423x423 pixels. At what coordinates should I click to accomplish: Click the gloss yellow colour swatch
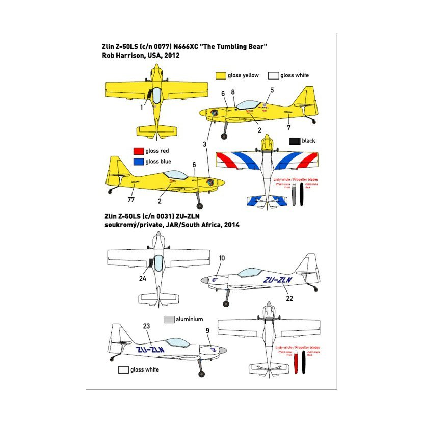[x=220, y=75]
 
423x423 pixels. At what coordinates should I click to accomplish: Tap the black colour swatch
[x=294, y=141]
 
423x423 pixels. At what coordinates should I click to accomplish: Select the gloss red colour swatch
[x=137, y=151]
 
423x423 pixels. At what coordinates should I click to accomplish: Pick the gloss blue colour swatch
[x=137, y=162]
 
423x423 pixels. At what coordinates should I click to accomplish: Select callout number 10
[x=222, y=258]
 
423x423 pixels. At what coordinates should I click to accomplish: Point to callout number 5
[x=272, y=90]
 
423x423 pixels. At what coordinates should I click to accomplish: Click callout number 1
[x=142, y=108]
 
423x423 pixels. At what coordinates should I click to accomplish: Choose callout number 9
[x=207, y=331]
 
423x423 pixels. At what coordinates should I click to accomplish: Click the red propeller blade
[x=296, y=372]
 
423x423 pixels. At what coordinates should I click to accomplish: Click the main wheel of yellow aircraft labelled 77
[x=199, y=206]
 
